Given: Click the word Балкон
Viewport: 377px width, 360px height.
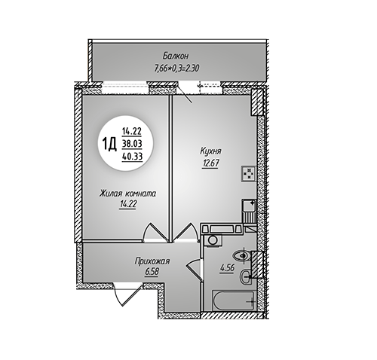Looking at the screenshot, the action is coord(175,56).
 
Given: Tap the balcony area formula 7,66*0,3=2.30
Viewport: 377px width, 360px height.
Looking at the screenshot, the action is coord(176,68).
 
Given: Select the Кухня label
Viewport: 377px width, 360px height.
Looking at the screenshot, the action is coord(210,151).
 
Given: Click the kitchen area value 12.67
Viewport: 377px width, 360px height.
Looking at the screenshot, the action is coord(210,163).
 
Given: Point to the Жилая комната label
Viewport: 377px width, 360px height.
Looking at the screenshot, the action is coord(127,194).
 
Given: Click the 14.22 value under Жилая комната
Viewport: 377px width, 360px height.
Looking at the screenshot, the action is coord(127,205).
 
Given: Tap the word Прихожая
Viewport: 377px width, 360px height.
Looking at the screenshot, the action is coord(152,261).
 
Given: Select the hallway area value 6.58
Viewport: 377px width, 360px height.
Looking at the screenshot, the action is coord(152,272).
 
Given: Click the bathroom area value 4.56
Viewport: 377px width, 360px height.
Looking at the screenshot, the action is coord(227,268).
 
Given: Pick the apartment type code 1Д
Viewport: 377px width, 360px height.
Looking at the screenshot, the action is coord(109,145).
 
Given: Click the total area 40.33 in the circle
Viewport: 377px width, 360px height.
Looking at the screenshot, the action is coord(132,157).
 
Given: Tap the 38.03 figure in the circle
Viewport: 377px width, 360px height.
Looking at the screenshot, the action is coord(132,144).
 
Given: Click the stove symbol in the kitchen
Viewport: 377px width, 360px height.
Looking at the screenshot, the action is coord(249,173).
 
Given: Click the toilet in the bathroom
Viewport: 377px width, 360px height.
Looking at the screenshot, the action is coord(242,256).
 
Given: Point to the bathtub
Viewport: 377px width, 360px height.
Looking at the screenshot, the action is coord(234,301).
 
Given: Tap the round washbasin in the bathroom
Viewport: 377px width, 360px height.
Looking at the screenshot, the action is coord(246,277).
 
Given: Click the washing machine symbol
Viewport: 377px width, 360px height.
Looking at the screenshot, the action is coord(213,239).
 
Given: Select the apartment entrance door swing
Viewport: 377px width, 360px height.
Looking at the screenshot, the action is coord(127,294).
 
